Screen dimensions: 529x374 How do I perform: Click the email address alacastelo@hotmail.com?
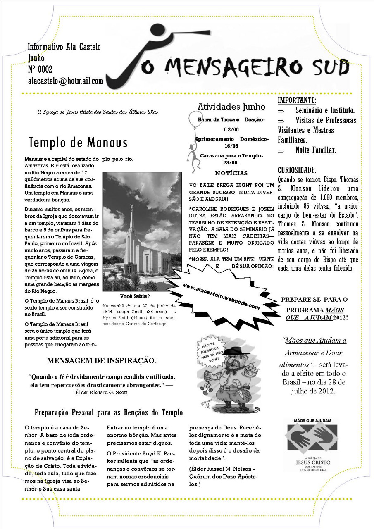pos(65,81)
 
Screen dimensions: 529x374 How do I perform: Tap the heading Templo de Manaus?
pos(78,143)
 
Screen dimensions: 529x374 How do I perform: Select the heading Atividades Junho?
pos(231,107)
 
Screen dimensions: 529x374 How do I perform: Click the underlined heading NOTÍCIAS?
pos(231,173)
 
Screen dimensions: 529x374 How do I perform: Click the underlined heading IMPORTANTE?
pos(297,100)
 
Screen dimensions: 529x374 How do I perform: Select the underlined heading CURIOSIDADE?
pos(297,170)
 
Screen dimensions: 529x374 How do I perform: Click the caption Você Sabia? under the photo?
pos(135,296)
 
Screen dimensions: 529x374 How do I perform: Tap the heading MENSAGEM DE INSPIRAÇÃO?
pos(101,361)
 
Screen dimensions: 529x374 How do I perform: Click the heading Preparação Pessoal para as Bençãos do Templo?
pos(109,412)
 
